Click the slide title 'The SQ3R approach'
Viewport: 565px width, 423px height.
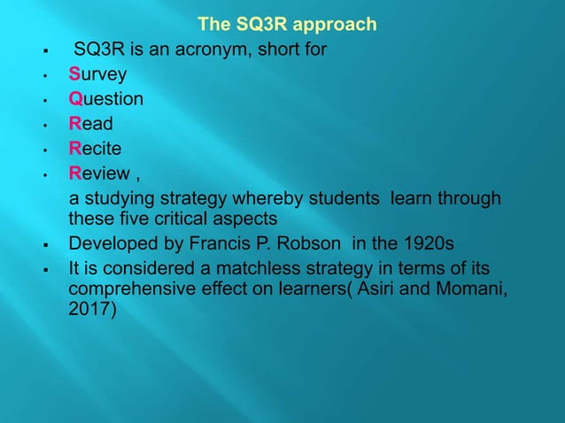coord(288,24)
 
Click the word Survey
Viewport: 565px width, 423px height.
coord(97,73)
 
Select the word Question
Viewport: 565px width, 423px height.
coord(106,98)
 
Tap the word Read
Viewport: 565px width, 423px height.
coord(91,123)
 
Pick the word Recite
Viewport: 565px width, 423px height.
coord(97,148)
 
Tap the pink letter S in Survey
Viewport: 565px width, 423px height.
coord(75,73)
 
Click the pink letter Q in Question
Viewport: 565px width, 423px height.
coord(76,98)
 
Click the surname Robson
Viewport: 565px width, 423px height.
coord(328,243)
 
